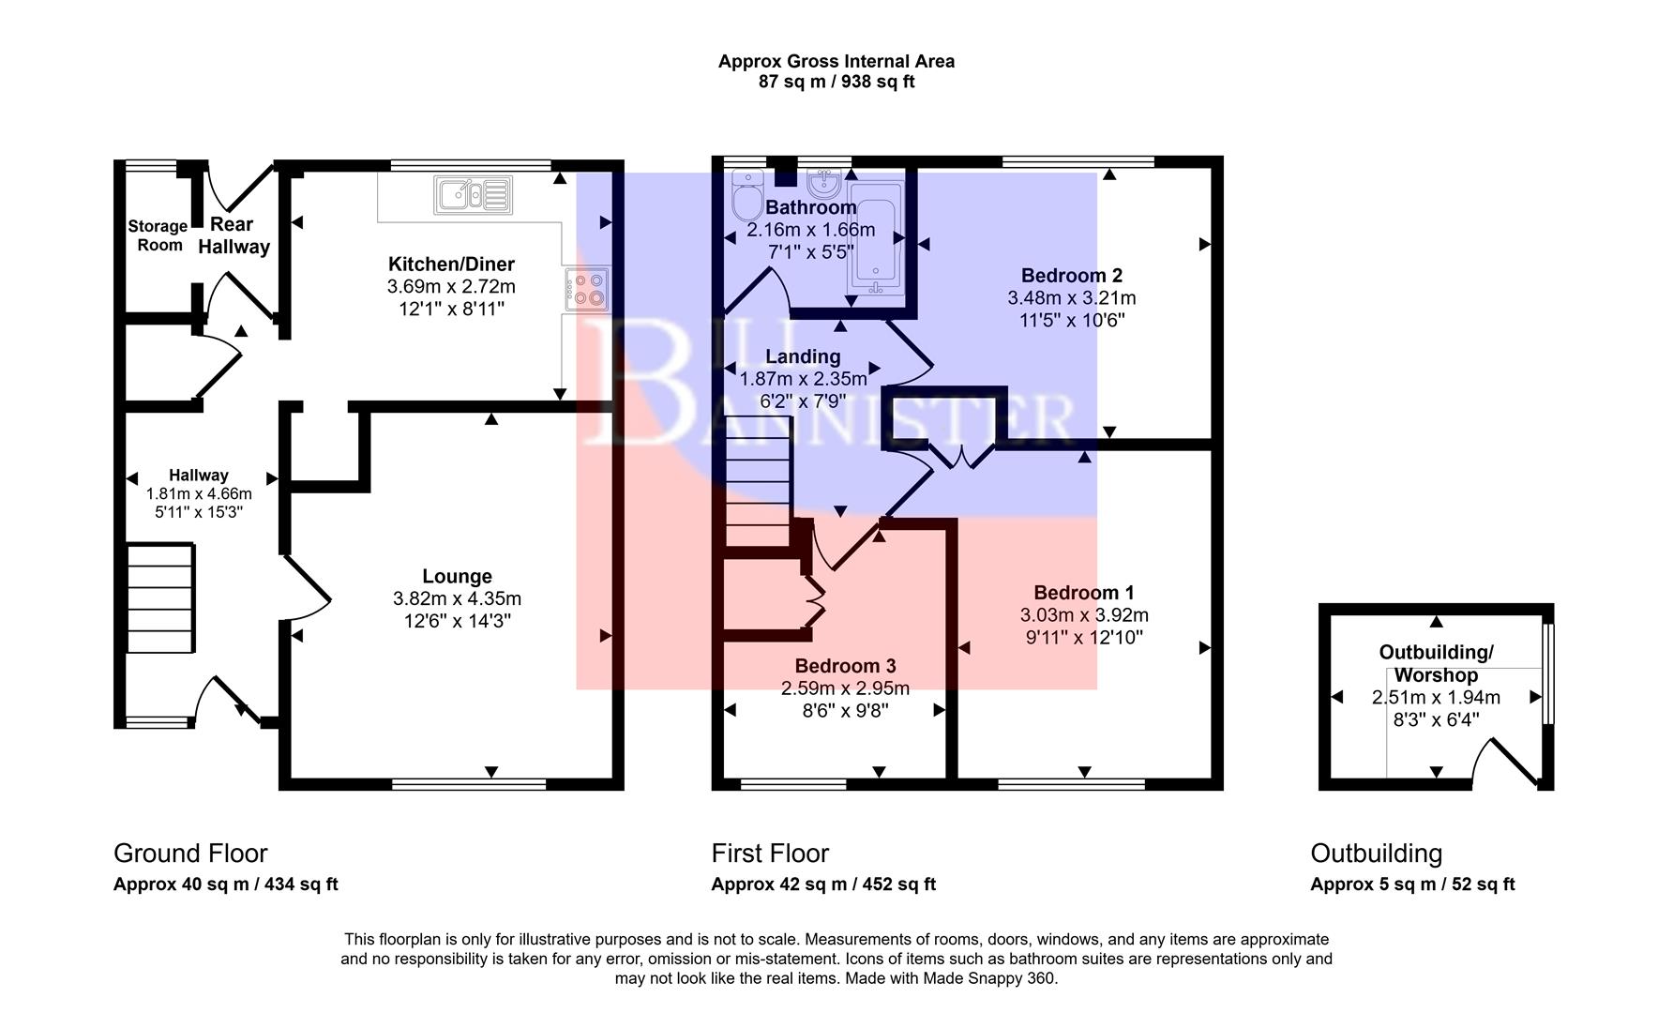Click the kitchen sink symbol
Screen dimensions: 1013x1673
tap(473, 194)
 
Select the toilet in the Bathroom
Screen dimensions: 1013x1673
tap(747, 199)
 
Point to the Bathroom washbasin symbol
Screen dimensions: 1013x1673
tap(824, 179)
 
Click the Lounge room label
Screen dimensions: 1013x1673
tap(457, 576)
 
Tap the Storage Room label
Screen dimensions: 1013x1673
tap(158, 234)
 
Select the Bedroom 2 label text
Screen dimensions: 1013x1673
tap(1071, 275)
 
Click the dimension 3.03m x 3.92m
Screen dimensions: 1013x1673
tap(1084, 615)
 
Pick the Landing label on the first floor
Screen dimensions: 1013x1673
tap(803, 356)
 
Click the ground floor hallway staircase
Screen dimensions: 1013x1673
tap(160, 597)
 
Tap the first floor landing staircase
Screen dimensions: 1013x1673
tap(758, 483)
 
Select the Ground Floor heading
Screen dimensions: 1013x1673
tap(190, 853)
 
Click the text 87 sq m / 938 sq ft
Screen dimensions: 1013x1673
tap(836, 82)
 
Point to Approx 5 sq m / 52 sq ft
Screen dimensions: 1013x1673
tap(1411, 884)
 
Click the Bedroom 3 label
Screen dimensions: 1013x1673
tap(845, 666)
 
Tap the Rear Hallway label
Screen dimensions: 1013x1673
tap(234, 235)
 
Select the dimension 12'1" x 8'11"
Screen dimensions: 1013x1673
tap(451, 309)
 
